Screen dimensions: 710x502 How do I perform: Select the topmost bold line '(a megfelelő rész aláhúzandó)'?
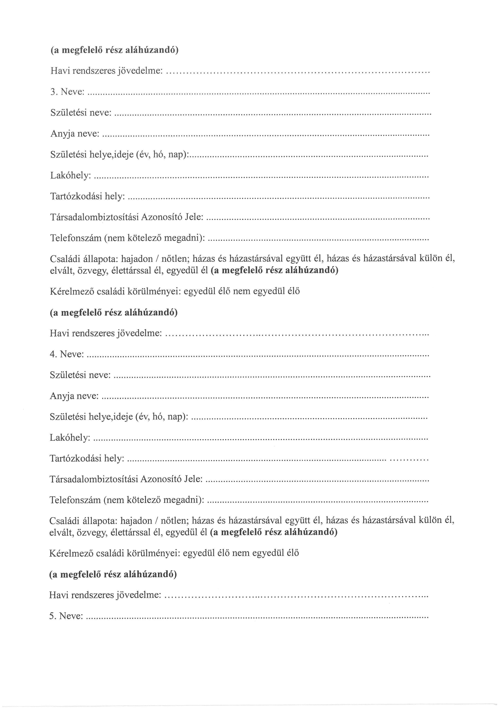[114, 50]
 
